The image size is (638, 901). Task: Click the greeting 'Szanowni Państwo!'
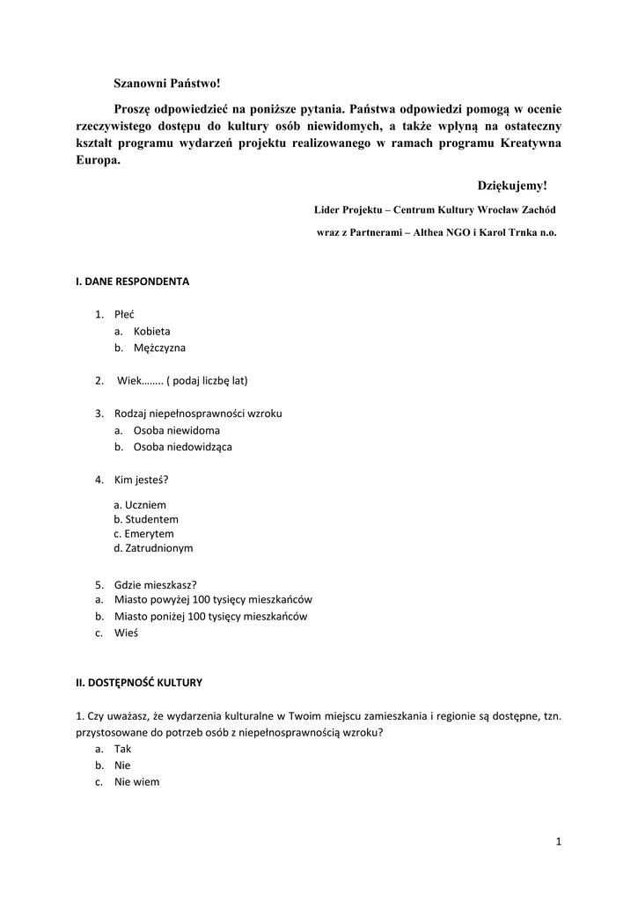(x=166, y=84)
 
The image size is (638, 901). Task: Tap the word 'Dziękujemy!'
(x=512, y=186)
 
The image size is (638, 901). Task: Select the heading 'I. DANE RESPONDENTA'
(x=132, y=282)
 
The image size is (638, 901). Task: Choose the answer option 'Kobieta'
(x=151, y=332)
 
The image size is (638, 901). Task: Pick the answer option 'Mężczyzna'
(x=159, y=348)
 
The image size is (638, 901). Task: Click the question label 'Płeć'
(x=124, y=315)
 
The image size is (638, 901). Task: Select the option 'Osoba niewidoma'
(x=176, y=430)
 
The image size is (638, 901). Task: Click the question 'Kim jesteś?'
(x=141, y=480)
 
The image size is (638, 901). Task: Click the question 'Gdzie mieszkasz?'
(x=155, y=584)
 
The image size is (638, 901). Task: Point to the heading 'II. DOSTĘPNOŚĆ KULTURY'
(x=139, y=682)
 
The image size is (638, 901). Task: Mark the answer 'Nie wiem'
(x=136, y=781)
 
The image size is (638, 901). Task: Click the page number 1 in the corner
(x=558, y=843)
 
